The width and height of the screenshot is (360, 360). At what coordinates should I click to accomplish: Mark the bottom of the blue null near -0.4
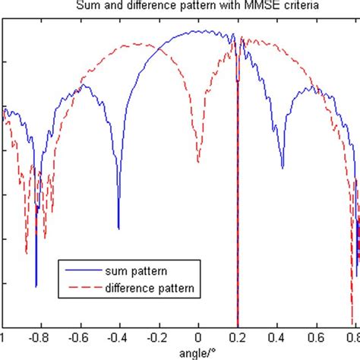click(118, 228)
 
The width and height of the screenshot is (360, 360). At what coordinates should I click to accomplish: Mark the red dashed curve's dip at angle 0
click(198, 162)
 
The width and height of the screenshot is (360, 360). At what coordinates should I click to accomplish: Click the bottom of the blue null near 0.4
click(283, 168)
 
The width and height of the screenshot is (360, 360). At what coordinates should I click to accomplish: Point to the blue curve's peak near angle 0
click(199, 33)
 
